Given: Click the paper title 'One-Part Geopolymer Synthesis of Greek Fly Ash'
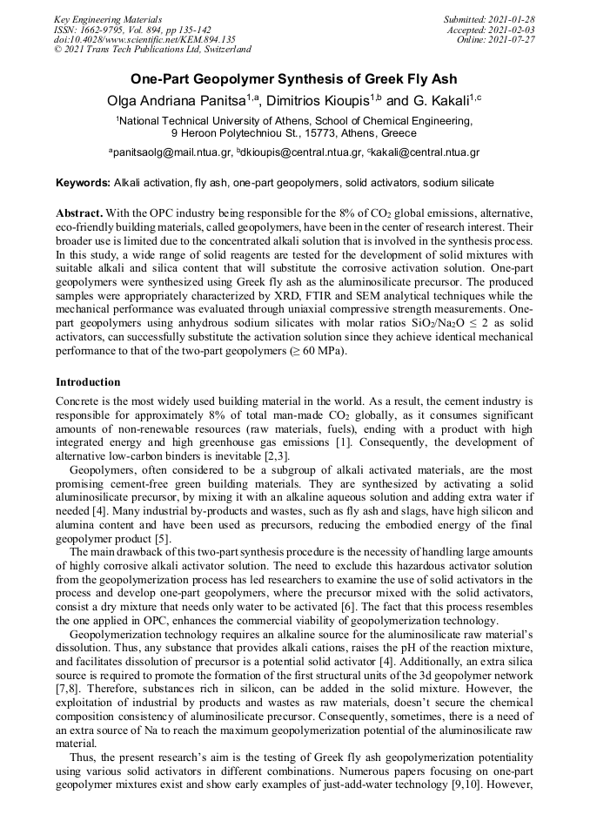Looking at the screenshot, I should pyautogui.click(x=294, y=79).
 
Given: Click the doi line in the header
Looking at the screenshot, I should pyautogui.click(x=144, y=39).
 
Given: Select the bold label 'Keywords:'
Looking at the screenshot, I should pyautogui.click(x=83, y=183).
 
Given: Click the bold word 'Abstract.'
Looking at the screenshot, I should pyautogui.click(x=80, y=213).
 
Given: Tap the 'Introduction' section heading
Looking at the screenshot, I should pyautogui.click(x=88, y=381).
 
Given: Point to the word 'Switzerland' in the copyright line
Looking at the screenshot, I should pyautogui.click(x=219, y=50).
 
